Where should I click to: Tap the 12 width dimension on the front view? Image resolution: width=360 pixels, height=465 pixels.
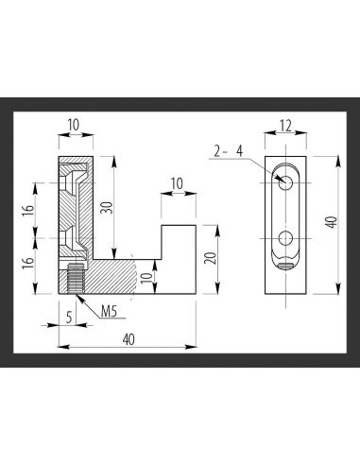pos(284,125)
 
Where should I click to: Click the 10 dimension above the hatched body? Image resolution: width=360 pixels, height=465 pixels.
pos(74,125)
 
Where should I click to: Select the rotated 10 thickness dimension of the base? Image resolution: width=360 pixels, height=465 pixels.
pos(146,277)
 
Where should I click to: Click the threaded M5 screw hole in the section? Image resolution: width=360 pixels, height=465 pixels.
pos(75,280)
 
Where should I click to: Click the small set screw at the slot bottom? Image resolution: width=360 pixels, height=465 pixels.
pos(285,265)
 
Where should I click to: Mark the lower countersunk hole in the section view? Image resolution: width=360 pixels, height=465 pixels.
pos(75,237)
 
